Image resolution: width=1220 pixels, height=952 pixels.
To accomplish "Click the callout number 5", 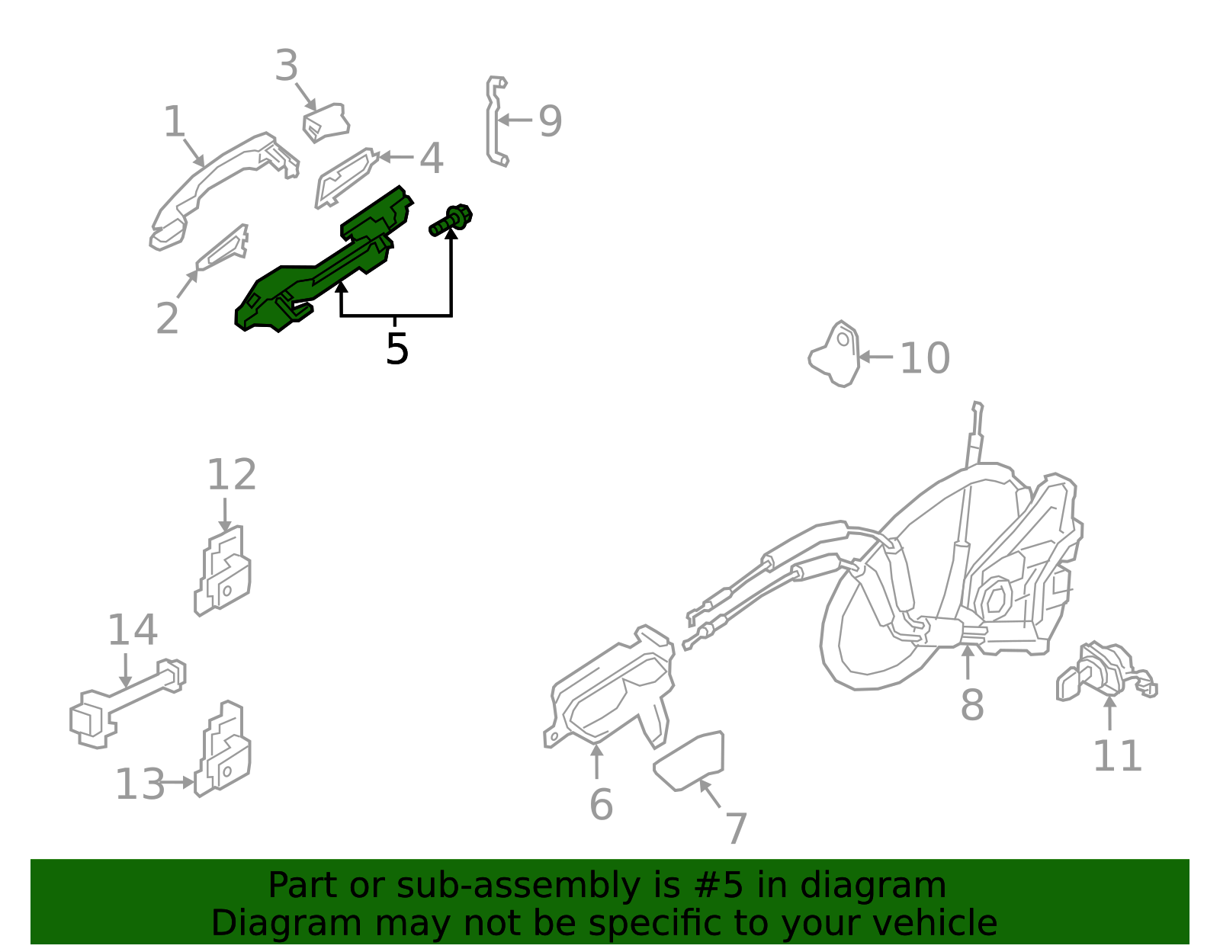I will pyautogui.click(x=396, y=349).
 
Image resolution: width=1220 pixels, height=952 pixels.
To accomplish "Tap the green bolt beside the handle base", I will pyautogui.click(x=451, y=220).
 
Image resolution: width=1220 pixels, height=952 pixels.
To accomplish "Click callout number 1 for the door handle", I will pyautogui.click(x=175, y=122).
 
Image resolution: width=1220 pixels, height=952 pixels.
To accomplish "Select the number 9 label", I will pyautogui.click(x=551, y=121).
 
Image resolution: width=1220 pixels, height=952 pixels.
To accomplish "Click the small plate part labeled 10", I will pyautogui.click(x=836, y=354).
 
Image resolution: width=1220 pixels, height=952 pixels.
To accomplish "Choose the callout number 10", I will pyautogui.click(x=925, y=358).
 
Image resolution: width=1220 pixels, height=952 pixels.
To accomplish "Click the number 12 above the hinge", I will pyautogui.click(x=232, y=475).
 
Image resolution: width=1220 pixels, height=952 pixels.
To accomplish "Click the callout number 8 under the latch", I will pyautogui.click(x=971, y=704).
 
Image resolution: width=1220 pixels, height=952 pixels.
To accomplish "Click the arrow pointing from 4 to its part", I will pyautogui.click(x=396, y=157).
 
